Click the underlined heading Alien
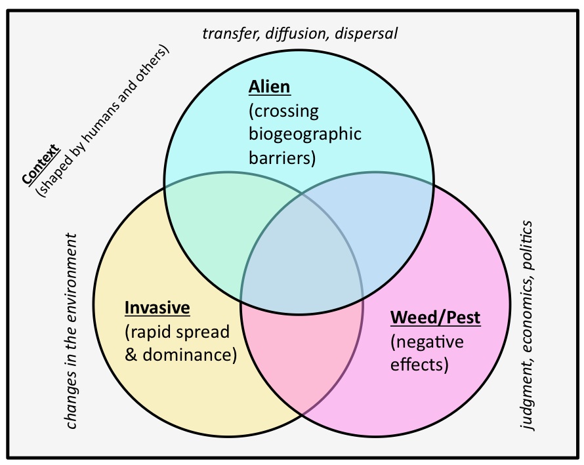(x=269, y=87)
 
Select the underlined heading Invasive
(x=157, y=308)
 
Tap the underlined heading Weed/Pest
(x=436, y=318)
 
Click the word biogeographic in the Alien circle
(x=305, y=134)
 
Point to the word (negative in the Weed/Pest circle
(x=427, y=342)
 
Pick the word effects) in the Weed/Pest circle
(x=420, y=365)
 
